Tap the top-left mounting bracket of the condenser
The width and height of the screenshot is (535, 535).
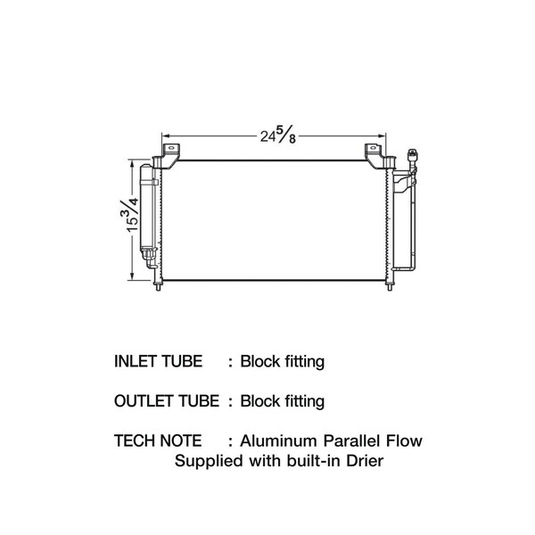tap(169, 154)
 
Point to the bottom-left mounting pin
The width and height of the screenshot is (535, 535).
tap(160, 286)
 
